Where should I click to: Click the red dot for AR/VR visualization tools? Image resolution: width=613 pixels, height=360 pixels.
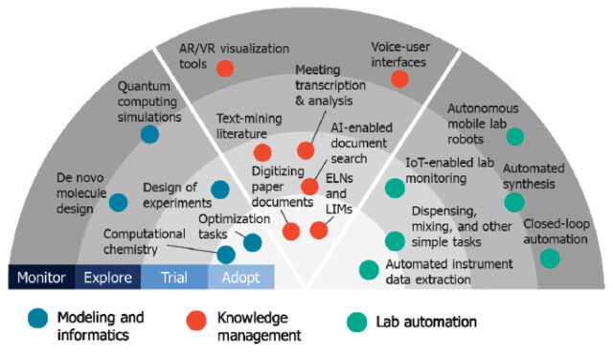tap(225, 67)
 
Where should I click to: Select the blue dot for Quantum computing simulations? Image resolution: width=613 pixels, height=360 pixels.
tap(148, 134)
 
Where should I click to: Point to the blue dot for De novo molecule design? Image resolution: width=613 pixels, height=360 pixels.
tap(118, 202)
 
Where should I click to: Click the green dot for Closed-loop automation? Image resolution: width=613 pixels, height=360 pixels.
tap(550, 258)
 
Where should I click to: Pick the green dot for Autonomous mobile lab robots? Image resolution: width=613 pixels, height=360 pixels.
tap(515, 137)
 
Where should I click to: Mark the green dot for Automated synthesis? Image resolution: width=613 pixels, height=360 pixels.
tap(514, 202)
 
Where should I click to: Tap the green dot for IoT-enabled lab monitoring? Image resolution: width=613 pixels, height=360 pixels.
tap(394, 190)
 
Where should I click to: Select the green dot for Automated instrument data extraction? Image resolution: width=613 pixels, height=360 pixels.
tap(369, 269)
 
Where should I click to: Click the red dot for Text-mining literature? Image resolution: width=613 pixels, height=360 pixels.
tap(262, 151)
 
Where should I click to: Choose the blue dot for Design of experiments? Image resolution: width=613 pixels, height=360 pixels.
tap(220, 190)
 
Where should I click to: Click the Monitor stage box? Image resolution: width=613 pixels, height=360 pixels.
tap(40, 279)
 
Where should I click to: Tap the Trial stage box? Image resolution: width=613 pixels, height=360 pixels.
tap(173, 279)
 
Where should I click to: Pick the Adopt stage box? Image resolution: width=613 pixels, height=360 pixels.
tap(240, 279)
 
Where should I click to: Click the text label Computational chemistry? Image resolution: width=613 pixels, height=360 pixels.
tap(144, 241)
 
